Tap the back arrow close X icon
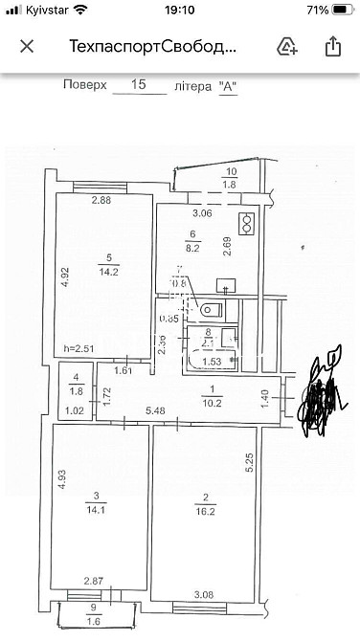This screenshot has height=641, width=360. tap(27, 46)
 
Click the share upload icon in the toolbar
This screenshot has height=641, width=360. tap(332, 46)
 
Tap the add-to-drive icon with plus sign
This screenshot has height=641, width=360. tap(285, 46)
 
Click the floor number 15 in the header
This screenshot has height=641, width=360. tap(139, 85)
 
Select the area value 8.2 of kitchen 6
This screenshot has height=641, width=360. tap(192, 246)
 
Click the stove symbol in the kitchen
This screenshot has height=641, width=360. tap(246, 223)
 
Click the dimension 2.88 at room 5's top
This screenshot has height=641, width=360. tap(101, 200)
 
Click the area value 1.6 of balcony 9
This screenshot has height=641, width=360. tap(92, 621)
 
